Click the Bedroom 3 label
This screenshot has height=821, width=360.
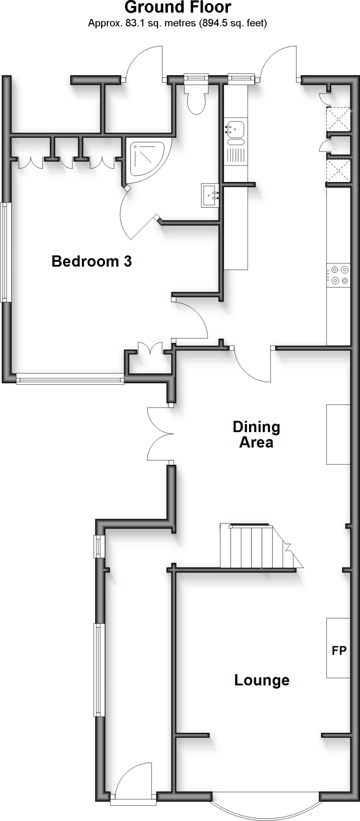pos(91,261)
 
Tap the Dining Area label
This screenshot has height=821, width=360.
pos(256,435)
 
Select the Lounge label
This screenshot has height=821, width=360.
pos(262,680)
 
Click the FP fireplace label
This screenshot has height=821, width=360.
pos(339,650)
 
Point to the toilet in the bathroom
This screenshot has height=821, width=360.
pos(196,99)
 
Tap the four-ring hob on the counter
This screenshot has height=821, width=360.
pos(339,275)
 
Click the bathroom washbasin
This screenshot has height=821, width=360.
pos(210,196)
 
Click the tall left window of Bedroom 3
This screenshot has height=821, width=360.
pos(4,252)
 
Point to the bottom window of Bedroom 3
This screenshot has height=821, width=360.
pos(70,379)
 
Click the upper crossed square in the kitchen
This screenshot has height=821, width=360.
pos(338,119)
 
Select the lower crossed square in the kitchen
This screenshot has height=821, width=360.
pos(338,171)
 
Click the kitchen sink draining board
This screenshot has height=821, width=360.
pos(235,156)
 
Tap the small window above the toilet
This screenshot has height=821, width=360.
pos(196,79)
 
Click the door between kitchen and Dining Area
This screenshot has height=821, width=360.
pos(253,365)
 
